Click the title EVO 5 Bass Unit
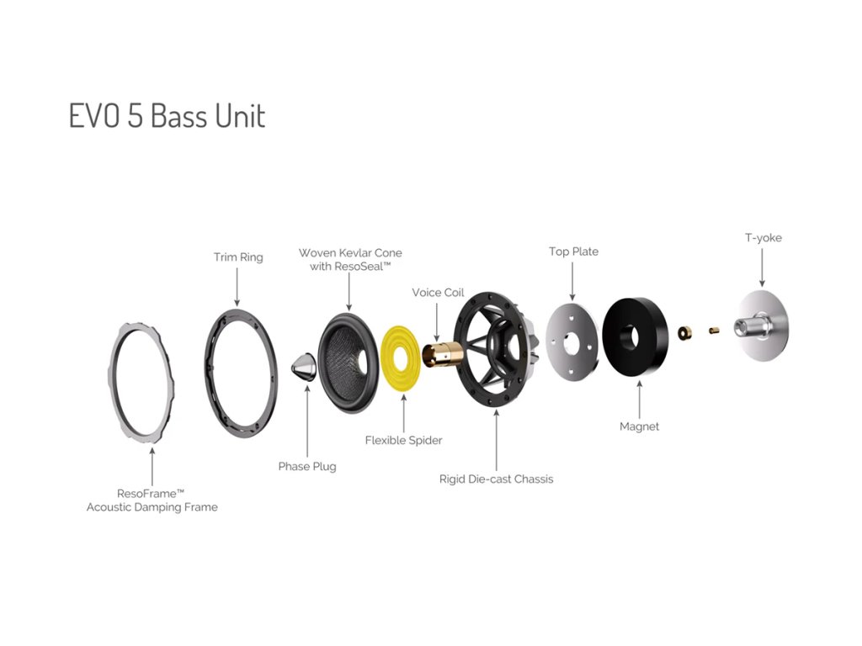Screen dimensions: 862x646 (x=167, y=116)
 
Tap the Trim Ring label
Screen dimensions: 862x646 (x=237, y=257)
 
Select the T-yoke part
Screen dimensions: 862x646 (x=762, y=327)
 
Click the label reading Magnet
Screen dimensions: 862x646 (x=639, y=426)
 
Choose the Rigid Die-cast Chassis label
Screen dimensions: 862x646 (x=496, y=479)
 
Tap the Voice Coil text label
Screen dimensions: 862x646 (x=438, y=293)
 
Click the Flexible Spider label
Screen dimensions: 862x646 (x=403, y=440)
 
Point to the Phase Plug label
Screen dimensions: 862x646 (x=307, y=466)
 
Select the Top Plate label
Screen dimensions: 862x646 (x=573, y=252)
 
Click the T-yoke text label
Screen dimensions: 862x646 (x=763, y=238)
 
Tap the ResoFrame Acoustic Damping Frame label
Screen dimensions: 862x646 (x=152, y=500)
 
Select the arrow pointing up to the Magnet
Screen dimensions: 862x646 (x=639, y=399)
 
